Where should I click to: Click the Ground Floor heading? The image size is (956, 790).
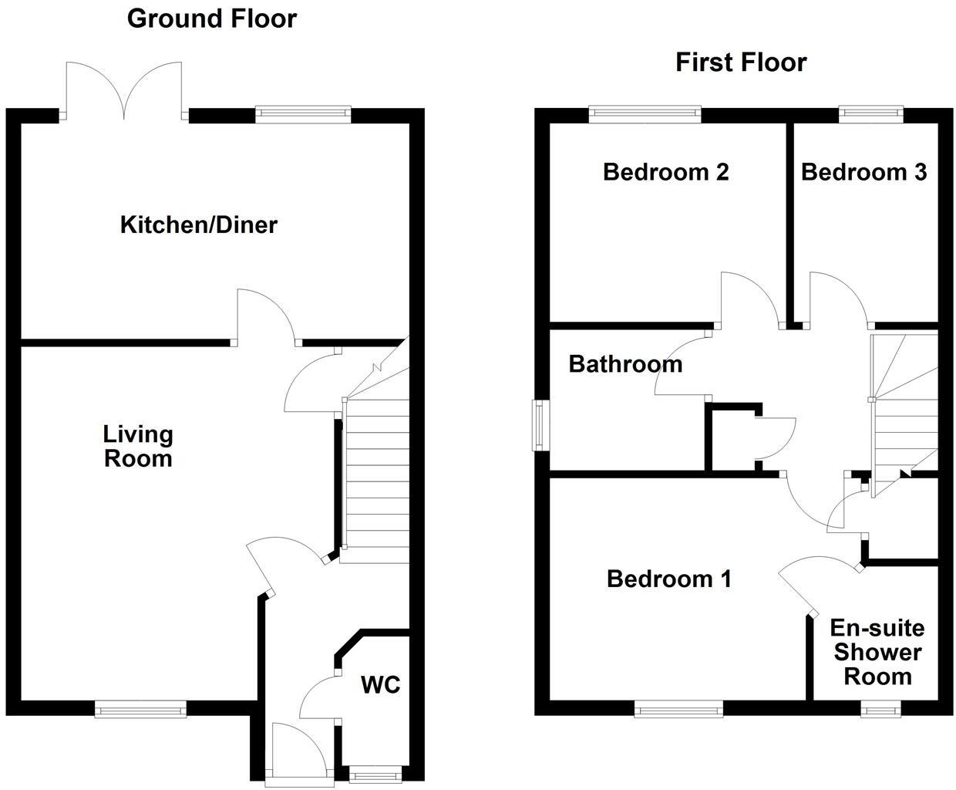[x=211, y=19]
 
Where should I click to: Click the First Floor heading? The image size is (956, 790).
[x=741, y=62]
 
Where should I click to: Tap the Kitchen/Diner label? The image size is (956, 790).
[x=199, y=225]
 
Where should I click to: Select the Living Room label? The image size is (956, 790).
[x=138, y=446]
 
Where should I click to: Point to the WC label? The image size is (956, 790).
[x=381, y=684]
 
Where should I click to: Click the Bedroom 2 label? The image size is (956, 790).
[x=665, y=171]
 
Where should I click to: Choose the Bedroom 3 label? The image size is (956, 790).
[x=863, y=171]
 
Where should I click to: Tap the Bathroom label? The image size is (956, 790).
[x=625, y=363]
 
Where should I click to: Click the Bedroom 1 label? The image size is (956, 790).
[x=669, y=579]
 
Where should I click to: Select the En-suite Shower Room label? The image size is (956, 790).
[x=877, y=653]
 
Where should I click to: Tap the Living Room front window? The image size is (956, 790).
[x=140, y=708]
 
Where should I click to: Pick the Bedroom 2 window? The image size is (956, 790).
[x=645, y=114]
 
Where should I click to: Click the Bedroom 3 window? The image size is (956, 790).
[x=871, y=114]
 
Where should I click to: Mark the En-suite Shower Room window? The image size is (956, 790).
[x=879, y=708]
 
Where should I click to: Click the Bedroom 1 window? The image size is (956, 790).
[x=678, y=708]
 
